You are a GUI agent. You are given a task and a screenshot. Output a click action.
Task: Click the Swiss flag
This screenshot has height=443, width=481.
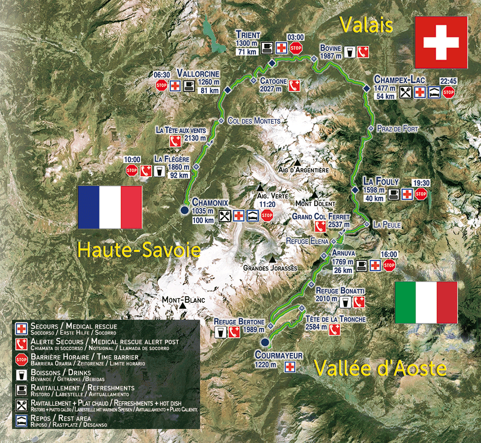tap(441, 42)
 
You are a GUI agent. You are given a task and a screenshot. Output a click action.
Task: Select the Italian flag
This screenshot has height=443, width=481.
tap(426, 302)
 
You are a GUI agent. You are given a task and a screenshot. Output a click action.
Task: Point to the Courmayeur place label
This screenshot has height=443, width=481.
tap(279, 355)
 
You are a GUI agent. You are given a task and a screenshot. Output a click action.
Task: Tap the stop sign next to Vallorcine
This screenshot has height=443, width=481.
tap(161, 86)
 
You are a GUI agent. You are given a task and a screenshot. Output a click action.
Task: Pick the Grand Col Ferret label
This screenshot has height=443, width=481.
tap(321, 217)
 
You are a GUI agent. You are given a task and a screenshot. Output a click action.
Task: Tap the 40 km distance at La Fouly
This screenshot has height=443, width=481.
tap(374, 198)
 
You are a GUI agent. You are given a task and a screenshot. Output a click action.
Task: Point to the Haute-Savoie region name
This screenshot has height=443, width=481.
tap(139, 250)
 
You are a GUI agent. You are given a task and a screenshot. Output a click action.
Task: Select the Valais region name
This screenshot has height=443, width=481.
tap(366, 24)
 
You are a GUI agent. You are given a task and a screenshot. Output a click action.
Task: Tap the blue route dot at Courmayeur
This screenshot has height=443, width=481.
tap(264, 342)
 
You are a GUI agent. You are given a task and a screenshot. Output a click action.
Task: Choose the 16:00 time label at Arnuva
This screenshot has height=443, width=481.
tap(389, 254)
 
